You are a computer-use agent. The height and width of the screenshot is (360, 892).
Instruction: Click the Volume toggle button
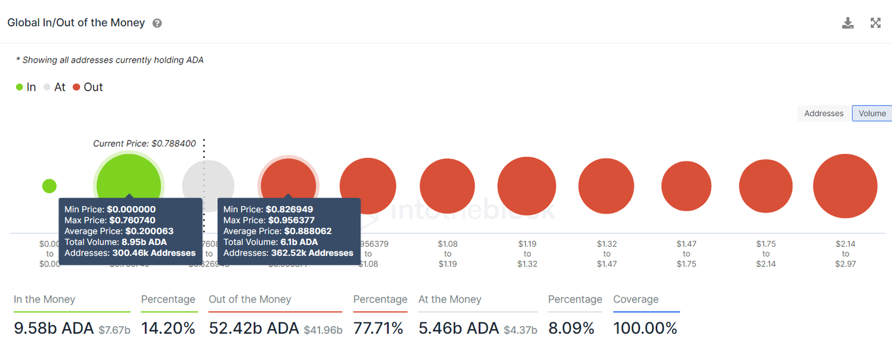pyautogui.click(x=872, y=114)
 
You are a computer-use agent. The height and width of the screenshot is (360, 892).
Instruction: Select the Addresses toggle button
pyautogui.click(x=823, y=114)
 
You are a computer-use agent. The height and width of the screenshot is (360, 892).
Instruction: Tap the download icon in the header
pyautogui.click(x=848, y=23)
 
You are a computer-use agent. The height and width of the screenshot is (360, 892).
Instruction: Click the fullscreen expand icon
pyautogui.click(x=876, y=23)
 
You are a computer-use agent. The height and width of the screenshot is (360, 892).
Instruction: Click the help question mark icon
pyautogui.click(x=157, y=23)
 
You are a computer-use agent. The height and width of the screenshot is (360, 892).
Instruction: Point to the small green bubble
pyautogui.click(x=49, y=186)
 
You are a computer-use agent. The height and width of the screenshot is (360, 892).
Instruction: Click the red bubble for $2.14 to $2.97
pyautogui.click(x=845, y=186)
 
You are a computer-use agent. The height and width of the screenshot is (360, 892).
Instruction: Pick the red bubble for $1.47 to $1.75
pyautogui.click(x=686, y=186)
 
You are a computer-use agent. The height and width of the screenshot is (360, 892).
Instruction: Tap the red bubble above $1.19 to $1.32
pyautogui.click(x=527, y=186)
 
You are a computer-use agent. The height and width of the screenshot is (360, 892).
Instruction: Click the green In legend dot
pyautogui.click(x=19, y=87)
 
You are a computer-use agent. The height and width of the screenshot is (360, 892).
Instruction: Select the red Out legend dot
pyautogui.click(x=77, y=87)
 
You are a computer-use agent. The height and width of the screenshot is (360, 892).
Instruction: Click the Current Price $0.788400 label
pyautogui.click(x=145, y=143)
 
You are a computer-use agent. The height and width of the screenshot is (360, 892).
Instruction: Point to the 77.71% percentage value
pyautogui.click(x=380, y=329)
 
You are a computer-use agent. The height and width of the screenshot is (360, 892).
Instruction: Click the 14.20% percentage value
pyautogui.click(x=168, y=329)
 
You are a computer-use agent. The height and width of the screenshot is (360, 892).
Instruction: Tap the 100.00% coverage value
pyautogui.click(x=645, y=329)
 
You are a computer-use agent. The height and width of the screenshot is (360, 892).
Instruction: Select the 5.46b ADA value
pyautogui.click(x=458, y=329)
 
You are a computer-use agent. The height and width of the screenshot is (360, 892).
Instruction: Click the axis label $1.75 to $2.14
pyautogui.click(x=766, y=254)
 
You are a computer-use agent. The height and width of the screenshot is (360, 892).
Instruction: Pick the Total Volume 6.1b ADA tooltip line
pyautogui.click(x=271, y=242)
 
